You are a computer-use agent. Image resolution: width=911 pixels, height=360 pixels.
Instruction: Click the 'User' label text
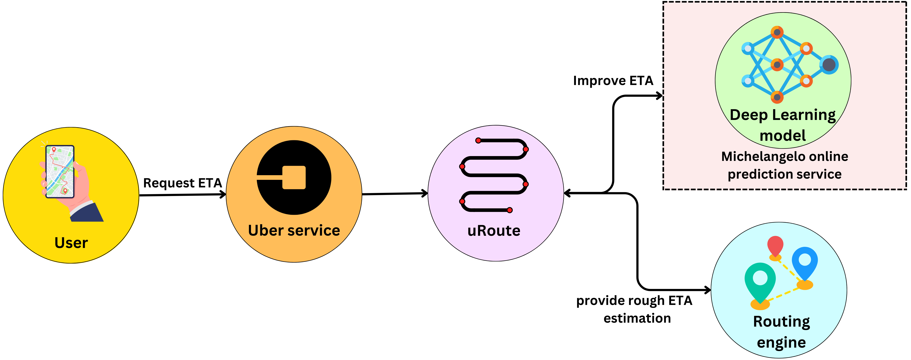[x=71, y=243]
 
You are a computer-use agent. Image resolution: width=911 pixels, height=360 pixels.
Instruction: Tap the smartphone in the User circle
[x=60, y=172]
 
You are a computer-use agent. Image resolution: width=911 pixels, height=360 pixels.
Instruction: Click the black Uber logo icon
[x=294, y=178]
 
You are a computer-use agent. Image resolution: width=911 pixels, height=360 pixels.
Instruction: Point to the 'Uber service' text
[x=294, y=231]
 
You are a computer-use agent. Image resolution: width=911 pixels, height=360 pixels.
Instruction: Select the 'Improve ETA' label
[x=613, y=81]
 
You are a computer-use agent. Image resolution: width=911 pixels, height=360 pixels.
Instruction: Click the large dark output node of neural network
[x=829, y=65]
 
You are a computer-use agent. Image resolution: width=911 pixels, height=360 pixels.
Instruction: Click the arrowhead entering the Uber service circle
[x=223, y=194]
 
